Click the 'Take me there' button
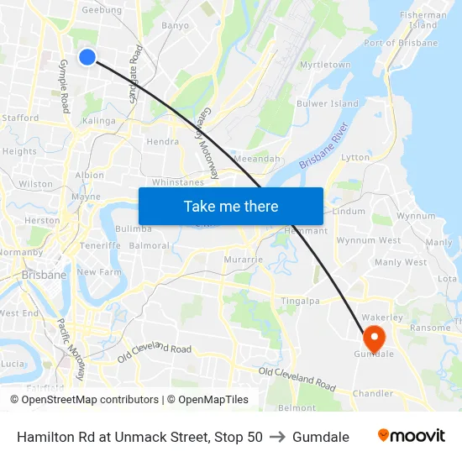(231, 206)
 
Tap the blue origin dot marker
(87, 56)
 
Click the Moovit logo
(411, 436)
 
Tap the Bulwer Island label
(328, 104)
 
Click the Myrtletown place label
(325, 65)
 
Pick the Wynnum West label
(368, 240)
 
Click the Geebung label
(101, 10)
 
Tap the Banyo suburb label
(175, 25)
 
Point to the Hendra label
(162, 142)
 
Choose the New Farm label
(99, 272)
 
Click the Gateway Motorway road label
(208, 144)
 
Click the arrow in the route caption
(276, 437)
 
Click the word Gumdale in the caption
(320, 437)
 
